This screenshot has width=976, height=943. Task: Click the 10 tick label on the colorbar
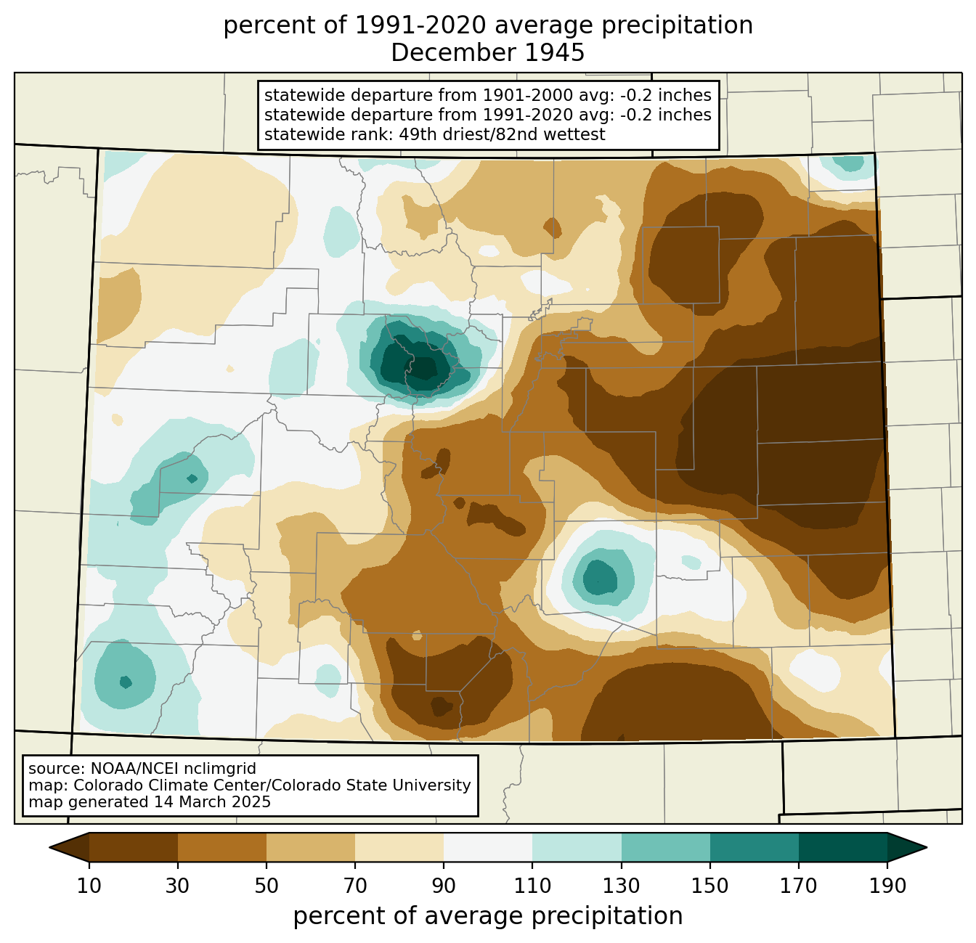tap(89, 886)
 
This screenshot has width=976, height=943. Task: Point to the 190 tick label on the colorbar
tap(887, 886)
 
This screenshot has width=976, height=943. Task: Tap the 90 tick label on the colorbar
tap(444, 886)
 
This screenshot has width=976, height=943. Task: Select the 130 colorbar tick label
tap(622, 886)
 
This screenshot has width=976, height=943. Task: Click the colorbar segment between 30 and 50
tap(222, 847)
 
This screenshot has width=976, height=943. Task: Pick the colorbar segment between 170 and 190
tap(843, 847)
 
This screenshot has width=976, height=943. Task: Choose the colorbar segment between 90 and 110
tap(488, 847)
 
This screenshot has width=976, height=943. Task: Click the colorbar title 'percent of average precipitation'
tap(488, 916)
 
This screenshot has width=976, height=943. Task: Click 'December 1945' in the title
tap(488, 53)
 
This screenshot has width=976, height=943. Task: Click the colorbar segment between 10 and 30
tap(134, 847)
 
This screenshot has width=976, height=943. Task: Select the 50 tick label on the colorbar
tap(267, 886)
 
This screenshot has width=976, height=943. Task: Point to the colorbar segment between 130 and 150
tap(666, 847)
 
